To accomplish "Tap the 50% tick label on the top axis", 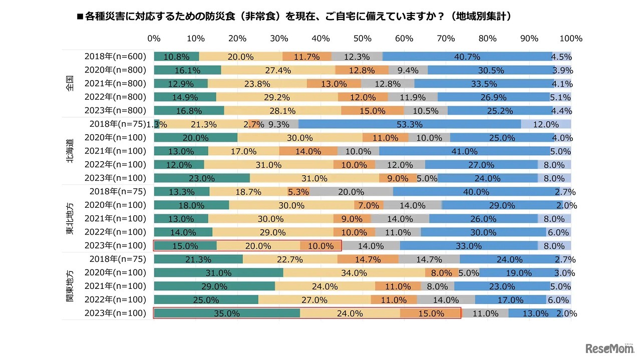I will pyautogui.click(x=362, y=39).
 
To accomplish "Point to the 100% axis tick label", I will pyautogui.click(x=570, y=39).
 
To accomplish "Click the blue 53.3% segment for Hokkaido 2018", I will pyautogui.click(x=409, y=124).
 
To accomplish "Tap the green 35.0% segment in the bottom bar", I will pyautogui.click(x=227, y=313).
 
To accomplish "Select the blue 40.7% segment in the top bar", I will pyautogui.click(x=467, y=57).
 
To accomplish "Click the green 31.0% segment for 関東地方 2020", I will pyautogui.click(x=218, y=273).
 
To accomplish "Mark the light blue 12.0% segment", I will pyautogui.click(x=546, y=124).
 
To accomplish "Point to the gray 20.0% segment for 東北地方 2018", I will pyautogui.click(x=351, y=192).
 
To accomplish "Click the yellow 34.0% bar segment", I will pyautogui.click(x=354, y=273).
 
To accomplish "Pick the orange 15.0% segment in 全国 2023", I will pyautogui.click(x=373, y=111).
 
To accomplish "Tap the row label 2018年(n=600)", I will pyautogui.click(x=115, y=57).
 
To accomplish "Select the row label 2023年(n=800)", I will pyautogui.click(x=115, y=111).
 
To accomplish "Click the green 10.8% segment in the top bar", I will pyautogui.click(x=176, y=57).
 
